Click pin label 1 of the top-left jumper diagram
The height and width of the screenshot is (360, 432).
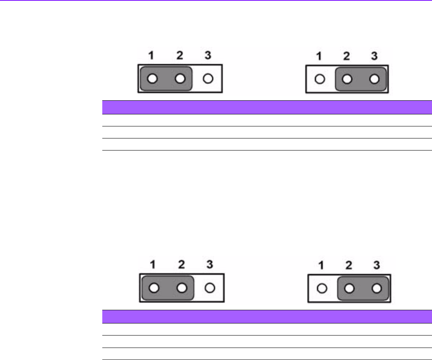click(152, 56)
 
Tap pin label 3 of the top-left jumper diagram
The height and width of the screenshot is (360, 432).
click(207, 55)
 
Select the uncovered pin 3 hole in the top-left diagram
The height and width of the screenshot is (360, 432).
click(207, 79)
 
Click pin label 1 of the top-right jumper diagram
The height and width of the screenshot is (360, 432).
click(319, 56)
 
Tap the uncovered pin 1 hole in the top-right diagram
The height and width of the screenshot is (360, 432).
click(319, 79)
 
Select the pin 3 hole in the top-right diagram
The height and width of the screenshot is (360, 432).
click(375, 79)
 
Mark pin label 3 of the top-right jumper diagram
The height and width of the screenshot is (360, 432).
click(374, 56)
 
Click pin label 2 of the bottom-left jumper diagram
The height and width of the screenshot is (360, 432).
click(181, 264)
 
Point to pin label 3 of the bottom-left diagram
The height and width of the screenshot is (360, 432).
click(209, 264)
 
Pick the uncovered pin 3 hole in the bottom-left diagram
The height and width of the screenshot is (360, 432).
click(209, 288)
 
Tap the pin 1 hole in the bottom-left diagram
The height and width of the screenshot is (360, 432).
click(154, 288)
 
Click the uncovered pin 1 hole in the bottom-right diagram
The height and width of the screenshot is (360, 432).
click(321, 288)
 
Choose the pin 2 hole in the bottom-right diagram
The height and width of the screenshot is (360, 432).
click(349, 288)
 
